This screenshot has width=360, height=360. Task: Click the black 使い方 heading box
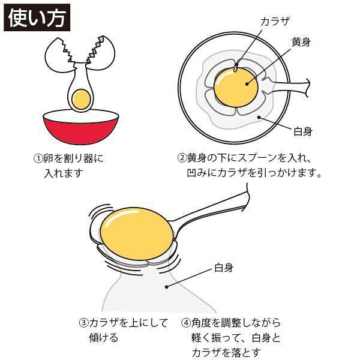37,17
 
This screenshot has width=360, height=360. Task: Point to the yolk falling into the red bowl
81,99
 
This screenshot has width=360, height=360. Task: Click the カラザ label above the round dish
275,22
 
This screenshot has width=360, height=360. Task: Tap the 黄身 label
301,42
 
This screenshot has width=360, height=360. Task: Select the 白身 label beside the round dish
303,131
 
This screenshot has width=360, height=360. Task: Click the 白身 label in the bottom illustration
224,268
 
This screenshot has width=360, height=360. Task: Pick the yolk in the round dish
236,87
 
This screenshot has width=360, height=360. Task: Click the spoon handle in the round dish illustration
288,88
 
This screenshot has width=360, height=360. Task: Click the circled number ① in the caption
38,158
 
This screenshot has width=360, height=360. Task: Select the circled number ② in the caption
182,158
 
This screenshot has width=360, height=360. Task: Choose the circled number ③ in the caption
83,323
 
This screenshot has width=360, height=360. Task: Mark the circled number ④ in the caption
186,323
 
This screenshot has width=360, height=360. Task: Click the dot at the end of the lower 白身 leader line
167,287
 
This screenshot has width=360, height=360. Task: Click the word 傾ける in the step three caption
104,337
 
